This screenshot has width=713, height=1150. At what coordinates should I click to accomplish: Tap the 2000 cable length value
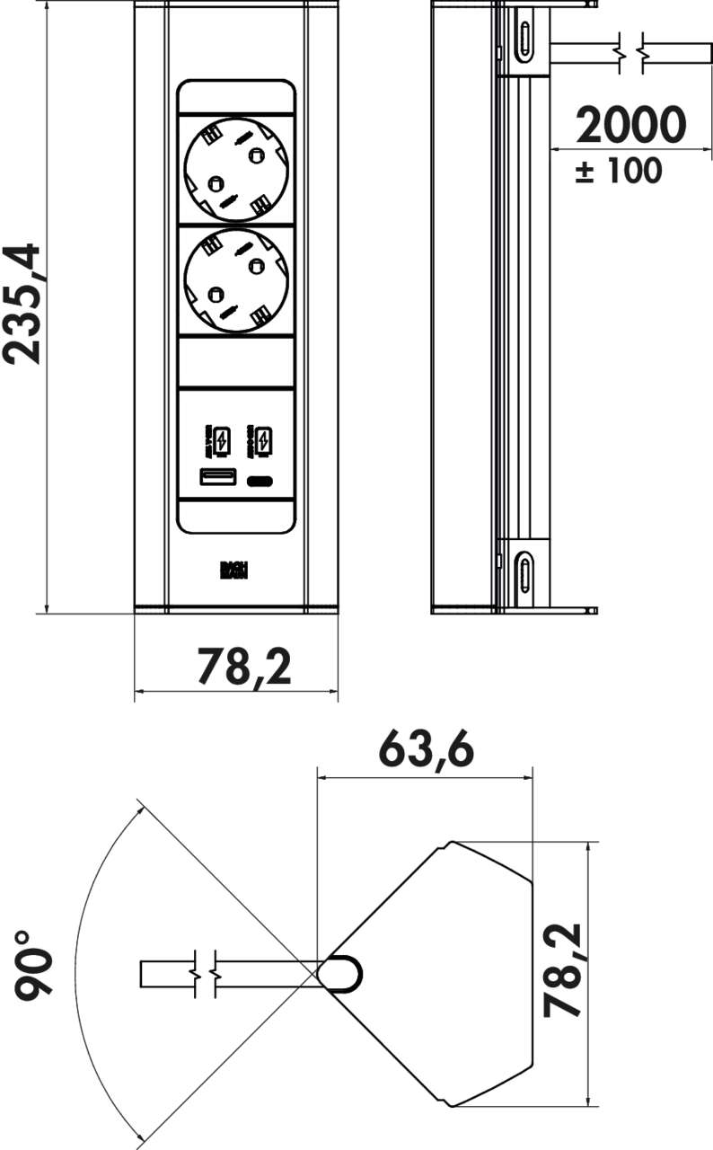[630, 126]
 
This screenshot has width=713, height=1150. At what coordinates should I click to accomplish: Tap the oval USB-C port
[260, 480]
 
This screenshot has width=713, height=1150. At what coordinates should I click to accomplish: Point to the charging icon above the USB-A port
[221, 441]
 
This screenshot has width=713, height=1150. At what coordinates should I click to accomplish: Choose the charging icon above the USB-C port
[262, 441]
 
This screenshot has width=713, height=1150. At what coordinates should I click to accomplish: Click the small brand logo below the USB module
[235, 571]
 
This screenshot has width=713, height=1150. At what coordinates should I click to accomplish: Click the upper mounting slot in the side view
[524, 38]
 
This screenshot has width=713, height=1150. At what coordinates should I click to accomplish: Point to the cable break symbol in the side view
[630, 53]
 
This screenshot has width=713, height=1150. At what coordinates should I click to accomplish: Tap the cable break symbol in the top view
[204, 974]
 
